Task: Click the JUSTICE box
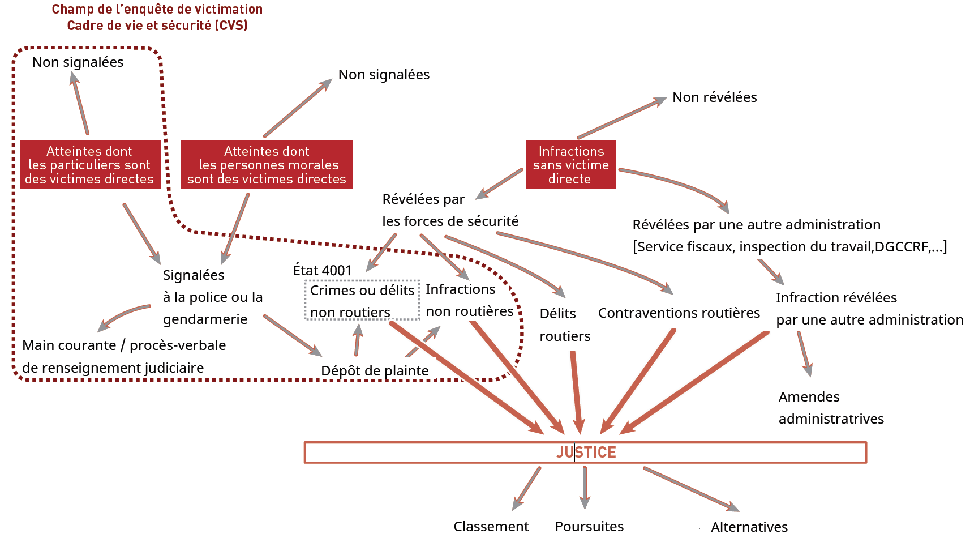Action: coord(585,453)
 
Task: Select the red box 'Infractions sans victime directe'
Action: coord(570,165)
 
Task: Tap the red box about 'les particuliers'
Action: coord(90,165)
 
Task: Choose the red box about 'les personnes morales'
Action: coord(267,165)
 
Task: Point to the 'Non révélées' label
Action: coord(714,97)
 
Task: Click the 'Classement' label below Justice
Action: coord(491,527)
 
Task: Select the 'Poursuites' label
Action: coord(589,527)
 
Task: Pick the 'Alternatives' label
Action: coord(749,527)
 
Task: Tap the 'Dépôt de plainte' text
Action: coord(375,371)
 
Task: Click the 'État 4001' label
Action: coord(322,271)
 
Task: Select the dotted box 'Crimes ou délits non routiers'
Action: coord(362,301)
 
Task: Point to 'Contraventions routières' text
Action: coord(679,313)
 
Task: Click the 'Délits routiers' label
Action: coord(564,325)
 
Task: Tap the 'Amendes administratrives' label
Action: coord(831,408)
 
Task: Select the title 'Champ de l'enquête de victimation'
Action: coord(157,10)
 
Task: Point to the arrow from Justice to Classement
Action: coord(526,488)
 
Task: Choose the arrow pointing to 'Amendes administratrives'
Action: coord(805,354)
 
